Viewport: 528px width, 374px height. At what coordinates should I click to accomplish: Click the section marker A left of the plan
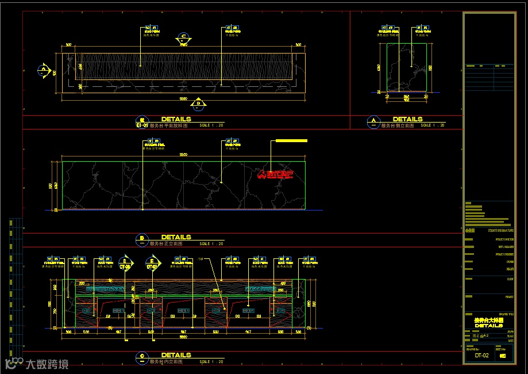tap(43, 71)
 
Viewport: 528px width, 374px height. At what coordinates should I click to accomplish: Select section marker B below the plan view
tap(198, 104)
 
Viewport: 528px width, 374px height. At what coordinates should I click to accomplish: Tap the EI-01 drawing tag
tap(142, 125)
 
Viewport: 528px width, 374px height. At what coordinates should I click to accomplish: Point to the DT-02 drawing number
tap(481, 356)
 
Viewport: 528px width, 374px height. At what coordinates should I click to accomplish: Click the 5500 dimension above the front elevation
tap(183, 155)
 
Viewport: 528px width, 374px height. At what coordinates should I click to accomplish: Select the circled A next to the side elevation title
tap(373, 121)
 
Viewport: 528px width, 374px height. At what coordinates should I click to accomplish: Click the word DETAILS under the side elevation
tap(407, 119)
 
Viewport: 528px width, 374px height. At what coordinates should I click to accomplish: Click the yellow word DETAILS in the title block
tap(488, 326)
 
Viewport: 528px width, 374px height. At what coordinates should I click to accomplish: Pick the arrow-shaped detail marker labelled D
tap(125, 263)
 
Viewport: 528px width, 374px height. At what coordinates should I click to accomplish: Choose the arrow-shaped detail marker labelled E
tap(152, 263)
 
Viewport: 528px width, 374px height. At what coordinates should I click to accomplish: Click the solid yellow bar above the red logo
tap(291, 140)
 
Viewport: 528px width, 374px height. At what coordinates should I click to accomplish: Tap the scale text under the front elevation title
tap(211, 244)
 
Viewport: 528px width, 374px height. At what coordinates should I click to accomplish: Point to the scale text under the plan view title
tap(211, 125)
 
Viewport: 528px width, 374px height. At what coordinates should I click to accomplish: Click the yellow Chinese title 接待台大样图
tap(488, 320)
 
